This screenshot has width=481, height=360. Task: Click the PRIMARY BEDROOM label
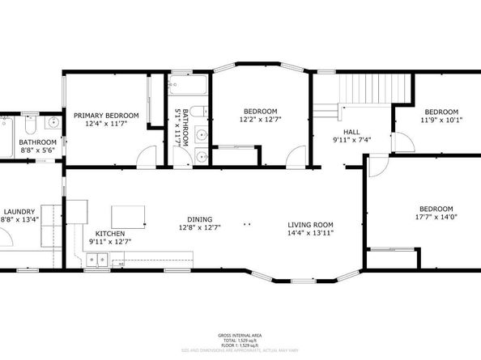(x=106, y=116)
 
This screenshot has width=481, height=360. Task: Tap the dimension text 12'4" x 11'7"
(x=106, y=125)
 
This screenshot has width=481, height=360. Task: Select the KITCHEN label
(x=110, y=233)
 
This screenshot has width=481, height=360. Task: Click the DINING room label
(x=199, y=219)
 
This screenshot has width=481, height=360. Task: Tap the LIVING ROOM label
(x=311, y=224)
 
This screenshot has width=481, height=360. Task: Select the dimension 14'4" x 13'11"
(x=311, y=234)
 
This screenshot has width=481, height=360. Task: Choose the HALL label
(x=351, y=130)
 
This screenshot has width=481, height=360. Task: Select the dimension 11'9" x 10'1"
(x=441, y=121)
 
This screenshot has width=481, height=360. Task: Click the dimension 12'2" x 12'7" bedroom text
(x=261, y=121)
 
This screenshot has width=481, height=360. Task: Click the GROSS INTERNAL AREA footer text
(x=240, y=336)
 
